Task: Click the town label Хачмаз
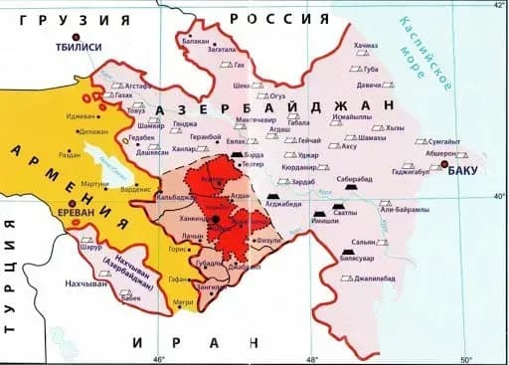pos(366,46)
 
